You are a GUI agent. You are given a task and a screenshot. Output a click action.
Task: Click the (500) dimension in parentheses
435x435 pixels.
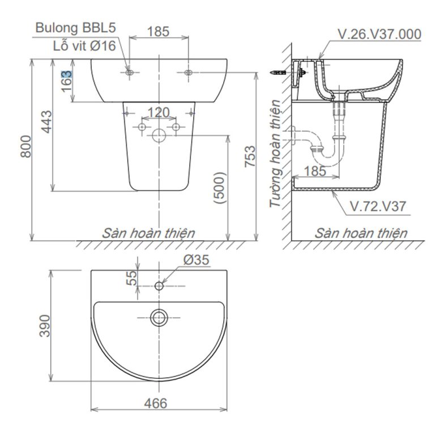(220, 187)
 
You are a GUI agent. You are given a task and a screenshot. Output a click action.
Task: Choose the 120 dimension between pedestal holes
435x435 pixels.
(159, 113)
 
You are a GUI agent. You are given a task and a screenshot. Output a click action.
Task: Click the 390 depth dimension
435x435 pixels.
(45, 326)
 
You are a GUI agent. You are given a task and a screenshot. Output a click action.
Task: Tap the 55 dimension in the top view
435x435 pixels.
(132, 278)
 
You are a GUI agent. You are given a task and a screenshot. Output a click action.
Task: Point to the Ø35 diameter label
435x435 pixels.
(196, 261)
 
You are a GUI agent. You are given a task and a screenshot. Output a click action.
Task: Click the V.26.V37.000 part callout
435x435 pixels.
(379, 35)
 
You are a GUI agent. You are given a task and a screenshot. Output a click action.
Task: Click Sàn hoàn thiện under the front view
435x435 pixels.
(149, 233)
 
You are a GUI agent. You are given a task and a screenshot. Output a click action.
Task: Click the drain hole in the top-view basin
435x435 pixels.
(159, 317)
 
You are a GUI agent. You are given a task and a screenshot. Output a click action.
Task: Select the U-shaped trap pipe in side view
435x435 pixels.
(327, 148)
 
